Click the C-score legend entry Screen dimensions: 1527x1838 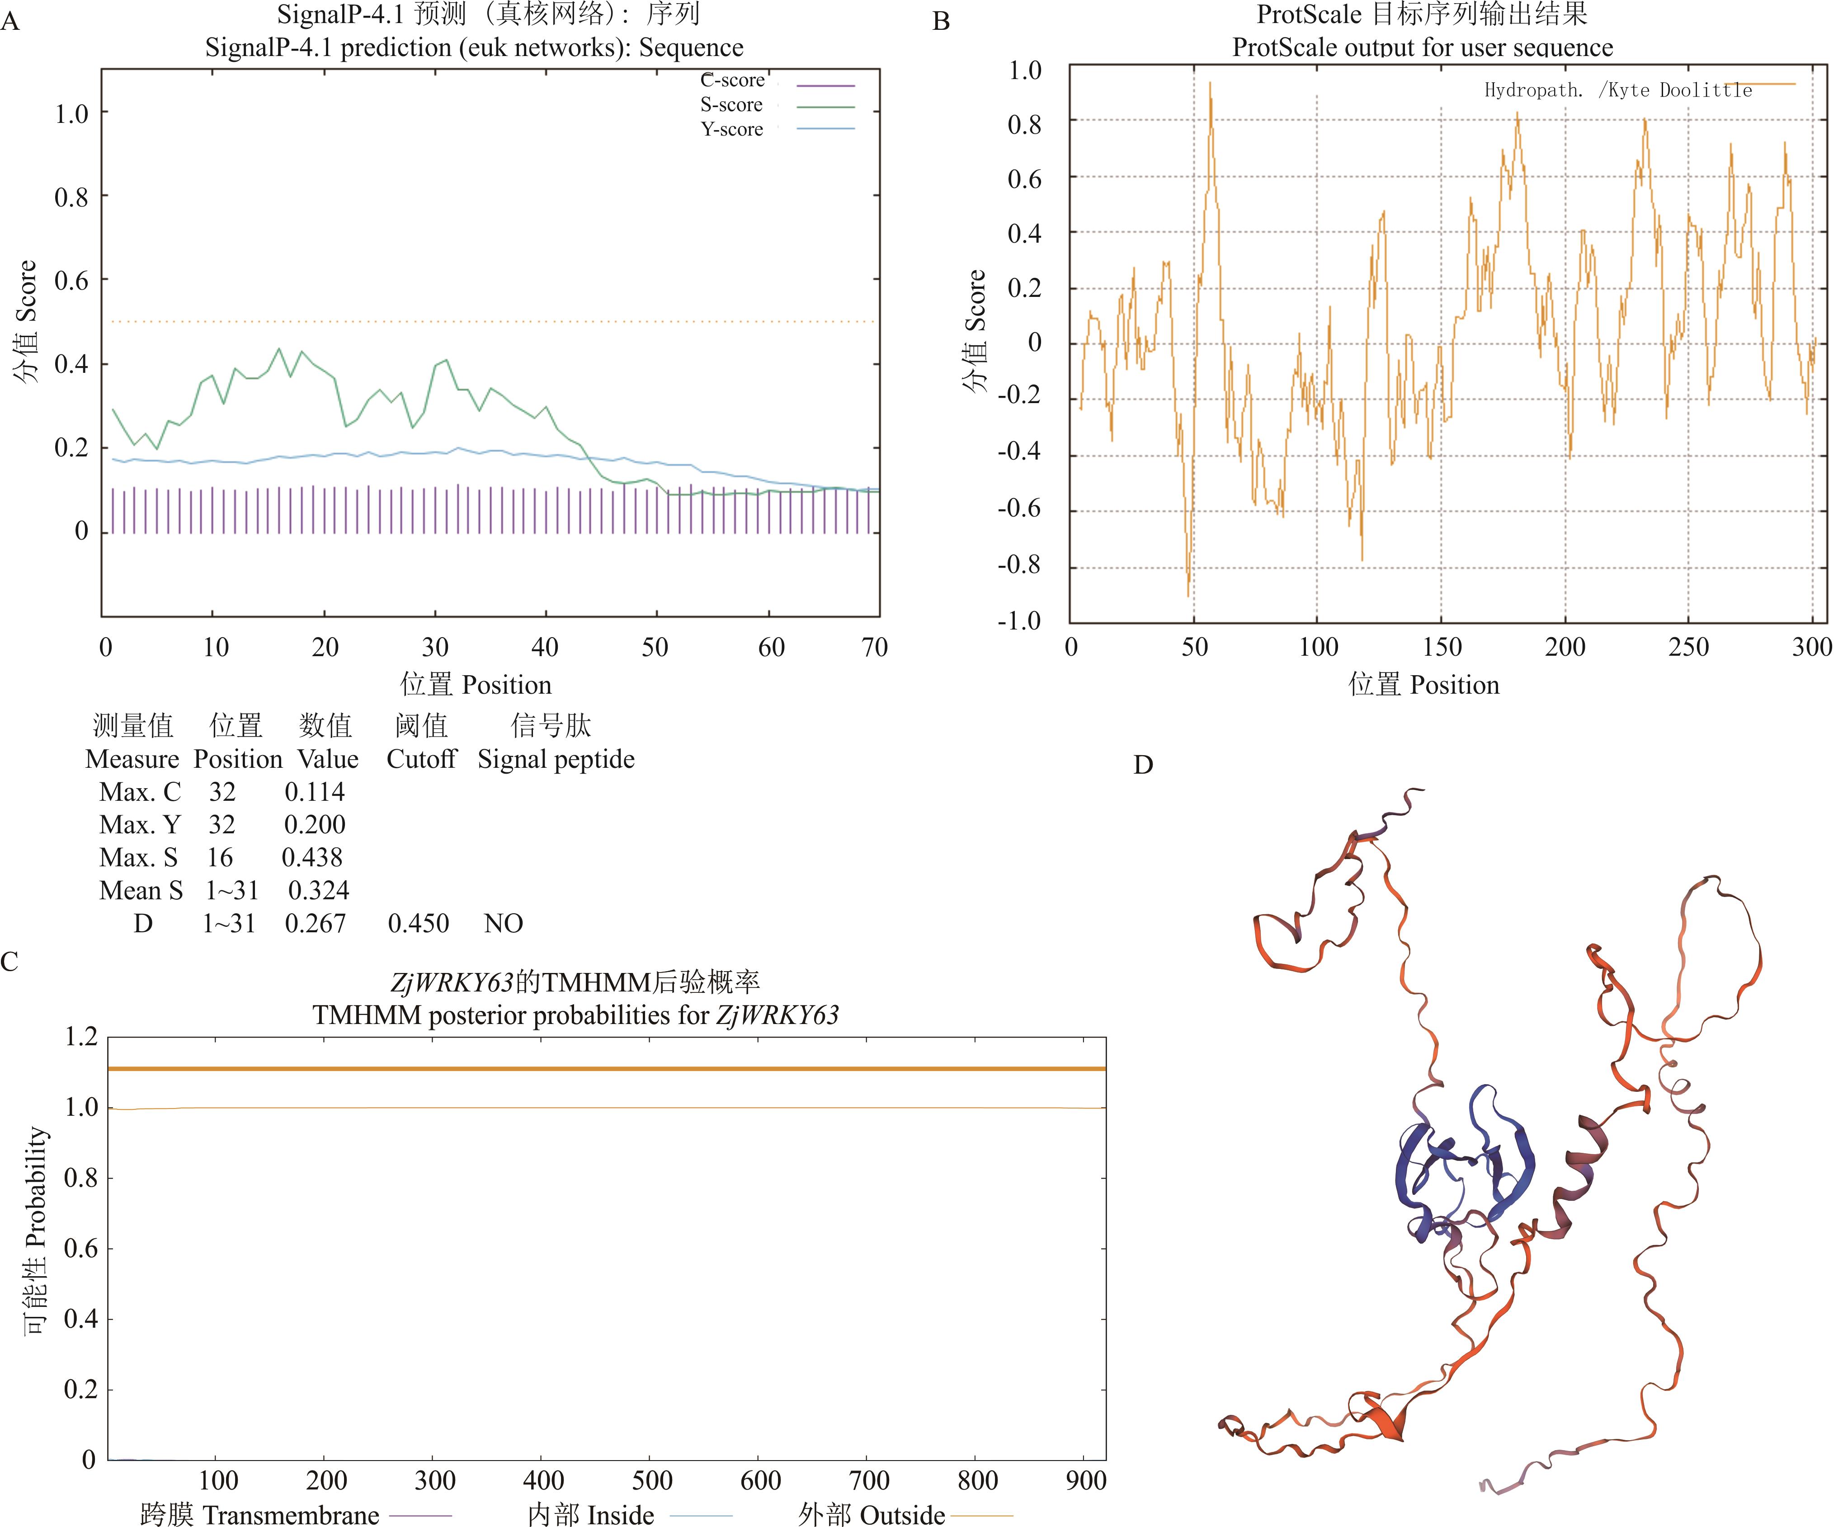point(733,80)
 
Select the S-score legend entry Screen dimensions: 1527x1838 point(732,105)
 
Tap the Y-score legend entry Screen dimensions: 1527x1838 point(732,130)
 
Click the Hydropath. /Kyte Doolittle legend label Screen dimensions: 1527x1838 point(1617,90)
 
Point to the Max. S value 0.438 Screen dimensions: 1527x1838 point(311,858)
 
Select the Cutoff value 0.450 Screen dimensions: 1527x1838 point(418,923)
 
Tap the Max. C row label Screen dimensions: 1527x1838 point(140,792)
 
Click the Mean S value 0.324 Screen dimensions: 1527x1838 point(319,891)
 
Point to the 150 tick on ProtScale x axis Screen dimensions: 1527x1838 point(1442,648)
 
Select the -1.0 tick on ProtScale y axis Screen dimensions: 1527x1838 point(1020,621)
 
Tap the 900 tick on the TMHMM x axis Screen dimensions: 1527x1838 point(1085,1480)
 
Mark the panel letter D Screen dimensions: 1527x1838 point(1143,766)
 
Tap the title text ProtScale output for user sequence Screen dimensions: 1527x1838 point(1422,47)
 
